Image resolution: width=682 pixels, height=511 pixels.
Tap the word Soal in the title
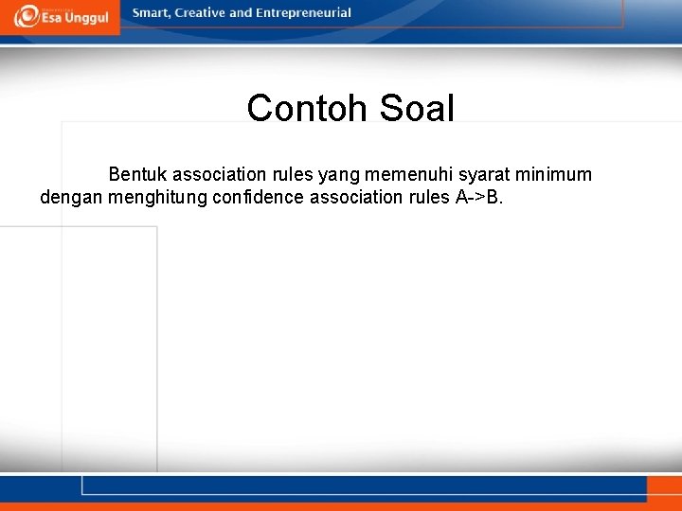click(x=417, y=109)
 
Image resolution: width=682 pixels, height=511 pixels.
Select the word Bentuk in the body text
click(x=137, y=175)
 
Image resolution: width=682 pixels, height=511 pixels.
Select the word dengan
click(x=72, y=198)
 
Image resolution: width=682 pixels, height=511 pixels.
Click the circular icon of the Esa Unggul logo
click(x=27, y=16)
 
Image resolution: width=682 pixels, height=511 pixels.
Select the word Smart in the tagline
click(x=152, y=13)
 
